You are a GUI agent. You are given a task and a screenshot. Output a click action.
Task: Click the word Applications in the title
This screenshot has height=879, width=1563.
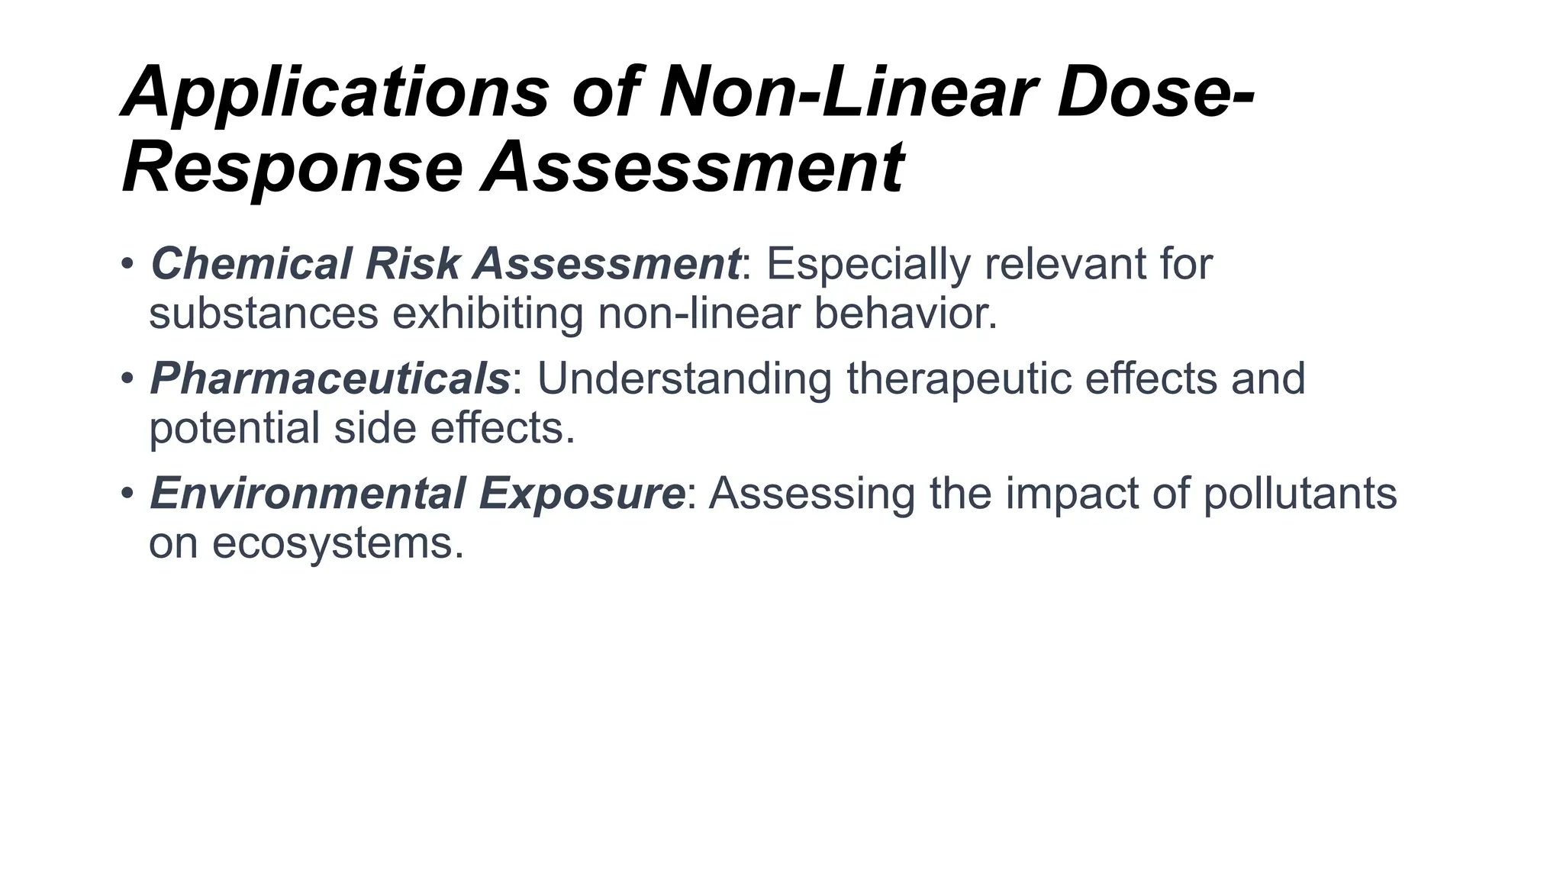coord(336,93)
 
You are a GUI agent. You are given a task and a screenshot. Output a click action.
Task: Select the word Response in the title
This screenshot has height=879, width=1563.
coord(292,168)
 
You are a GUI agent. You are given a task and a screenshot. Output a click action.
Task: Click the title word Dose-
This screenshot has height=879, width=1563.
coord(1155,93)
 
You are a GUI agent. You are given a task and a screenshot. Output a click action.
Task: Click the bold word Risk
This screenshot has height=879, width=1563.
coord(412,264)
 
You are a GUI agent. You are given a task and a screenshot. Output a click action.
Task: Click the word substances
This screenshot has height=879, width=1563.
coord(263,314)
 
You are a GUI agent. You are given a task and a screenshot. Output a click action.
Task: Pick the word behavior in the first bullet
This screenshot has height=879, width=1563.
coord(905,314)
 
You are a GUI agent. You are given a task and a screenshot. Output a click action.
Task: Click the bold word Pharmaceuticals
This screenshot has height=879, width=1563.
coord(330,378)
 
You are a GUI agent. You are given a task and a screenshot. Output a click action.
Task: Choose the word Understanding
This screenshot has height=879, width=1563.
coord(684,378)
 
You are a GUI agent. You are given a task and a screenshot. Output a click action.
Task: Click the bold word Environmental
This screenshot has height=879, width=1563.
coord(307,493)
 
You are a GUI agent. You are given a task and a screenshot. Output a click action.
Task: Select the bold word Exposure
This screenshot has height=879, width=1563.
coord(582,493)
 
